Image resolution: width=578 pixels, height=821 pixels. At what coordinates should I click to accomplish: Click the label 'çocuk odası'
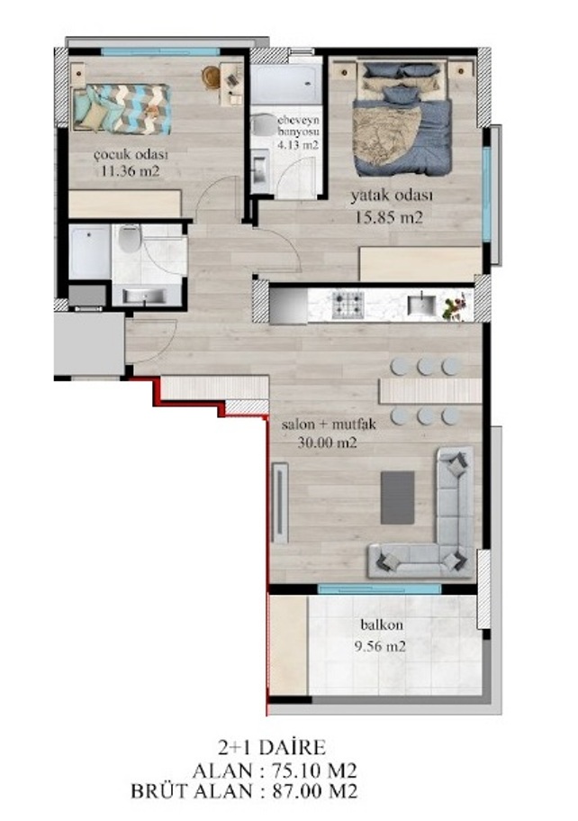pos(131,156)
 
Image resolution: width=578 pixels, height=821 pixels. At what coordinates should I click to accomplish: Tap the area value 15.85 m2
pos(388,218)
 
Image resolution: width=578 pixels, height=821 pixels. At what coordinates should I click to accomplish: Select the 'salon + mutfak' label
pos(329,424)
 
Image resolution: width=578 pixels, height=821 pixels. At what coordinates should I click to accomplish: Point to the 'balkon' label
pos(382,625)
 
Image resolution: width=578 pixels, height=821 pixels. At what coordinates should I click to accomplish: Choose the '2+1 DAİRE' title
pos(272,746)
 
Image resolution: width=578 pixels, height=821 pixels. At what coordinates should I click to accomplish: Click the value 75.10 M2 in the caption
pos(314,771)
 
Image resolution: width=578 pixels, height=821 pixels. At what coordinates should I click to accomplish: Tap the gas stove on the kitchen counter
pos(348,305)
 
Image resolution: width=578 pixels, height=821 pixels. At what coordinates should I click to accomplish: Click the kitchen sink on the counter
pos(421,305)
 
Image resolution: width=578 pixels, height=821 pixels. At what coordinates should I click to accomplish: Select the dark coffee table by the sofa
pos(398,497)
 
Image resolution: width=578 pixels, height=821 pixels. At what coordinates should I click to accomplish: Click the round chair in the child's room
pos(211,77)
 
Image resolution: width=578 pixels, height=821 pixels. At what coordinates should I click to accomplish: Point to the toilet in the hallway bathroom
pos(127,239)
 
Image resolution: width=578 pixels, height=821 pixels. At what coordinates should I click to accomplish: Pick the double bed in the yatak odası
pos(402,119)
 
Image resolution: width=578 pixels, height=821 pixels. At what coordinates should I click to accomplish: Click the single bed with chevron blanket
pos(122,109)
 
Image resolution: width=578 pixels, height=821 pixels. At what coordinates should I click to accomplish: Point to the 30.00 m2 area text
pos(327,443)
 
